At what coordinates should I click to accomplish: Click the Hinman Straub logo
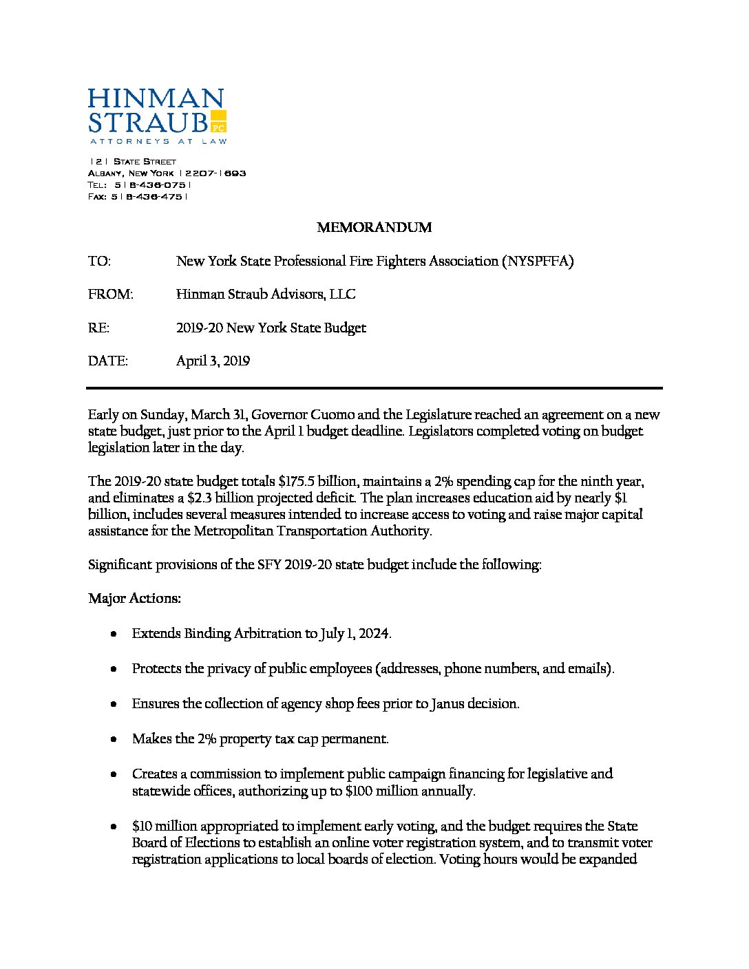[x=156, y=116]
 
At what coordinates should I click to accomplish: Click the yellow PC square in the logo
[x=218, y=121]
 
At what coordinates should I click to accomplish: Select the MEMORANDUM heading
[x=374, y=227]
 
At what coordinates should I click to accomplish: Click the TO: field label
[x=99, y=261]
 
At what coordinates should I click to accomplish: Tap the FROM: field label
[x=110, y=295]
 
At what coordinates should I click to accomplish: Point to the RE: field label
[x=98, y=328]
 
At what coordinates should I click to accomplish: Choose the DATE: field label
[x=108, y=361]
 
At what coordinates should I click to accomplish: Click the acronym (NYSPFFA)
[x=538, y=261]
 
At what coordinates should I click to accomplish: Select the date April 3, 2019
[x=213, y=361]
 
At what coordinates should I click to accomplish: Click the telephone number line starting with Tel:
[x=139, y=184]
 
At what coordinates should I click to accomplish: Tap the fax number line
[x=138, y=196]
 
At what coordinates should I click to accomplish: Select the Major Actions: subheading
[x=134, y=598]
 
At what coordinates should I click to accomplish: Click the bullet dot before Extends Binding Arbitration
[x=112, y=634]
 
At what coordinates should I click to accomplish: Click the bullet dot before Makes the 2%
[x=112, y=739]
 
